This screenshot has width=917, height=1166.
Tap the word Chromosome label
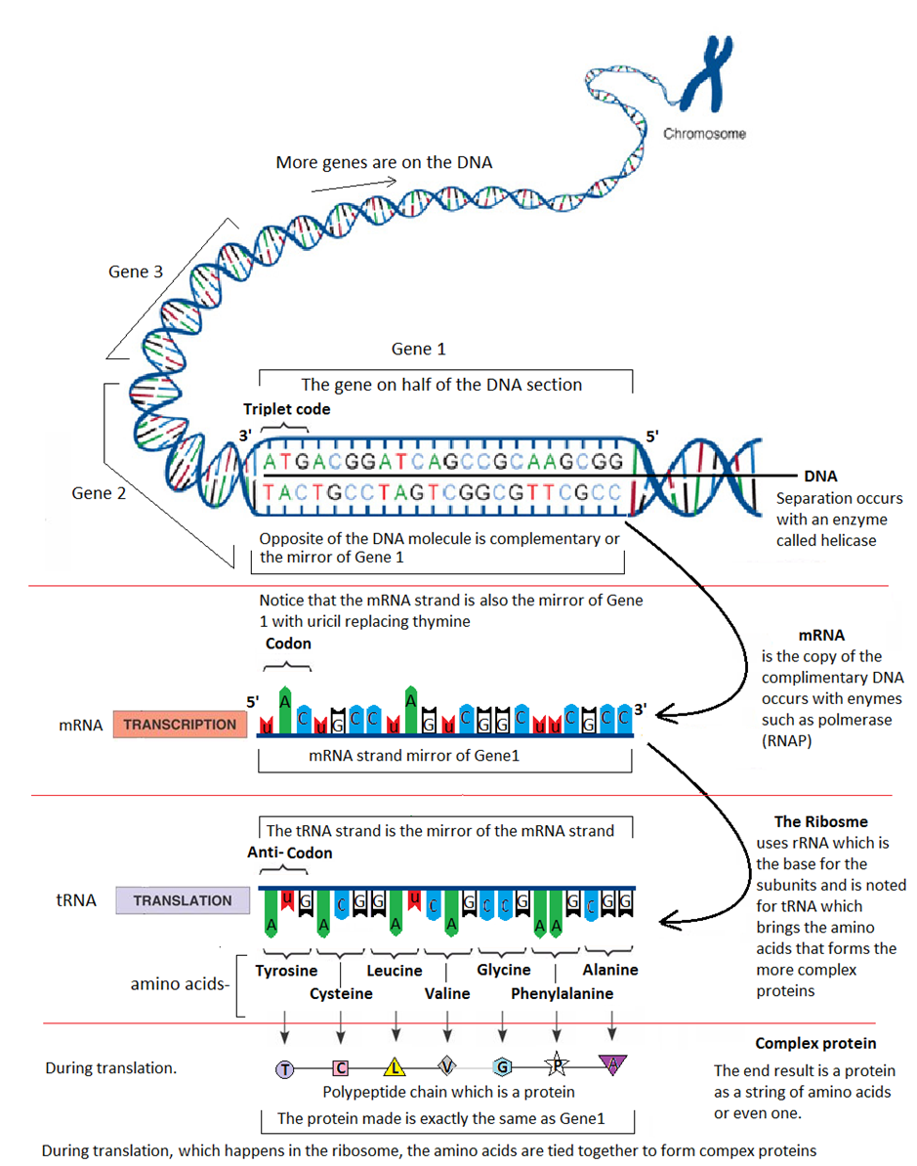click(704, 134)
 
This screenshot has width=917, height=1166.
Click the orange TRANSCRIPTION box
click(180, 725)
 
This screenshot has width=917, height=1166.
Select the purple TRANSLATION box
click(183, 900)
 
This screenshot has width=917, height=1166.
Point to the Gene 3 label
click(136, 271)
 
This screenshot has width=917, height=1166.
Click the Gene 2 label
click(99, 493)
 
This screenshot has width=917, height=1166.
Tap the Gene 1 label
click(418, 349)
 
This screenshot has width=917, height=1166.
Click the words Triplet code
click(287, 409)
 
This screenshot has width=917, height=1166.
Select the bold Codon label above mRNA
click(288, 644)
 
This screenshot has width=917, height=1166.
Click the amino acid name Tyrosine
click(286, 970)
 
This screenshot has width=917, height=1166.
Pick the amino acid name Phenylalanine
click(562, 993)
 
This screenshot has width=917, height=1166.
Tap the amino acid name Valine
click(447, 993)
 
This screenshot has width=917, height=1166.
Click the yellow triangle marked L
click(394, 1066)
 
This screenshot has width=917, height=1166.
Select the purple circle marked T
click(284, 1068)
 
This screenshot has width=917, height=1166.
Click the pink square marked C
click(340, 1067)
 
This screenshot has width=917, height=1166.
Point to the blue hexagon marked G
click(502, 1066)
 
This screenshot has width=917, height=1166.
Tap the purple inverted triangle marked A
click(612, 1063)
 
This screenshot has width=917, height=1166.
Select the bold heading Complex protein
click(815, 1043)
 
